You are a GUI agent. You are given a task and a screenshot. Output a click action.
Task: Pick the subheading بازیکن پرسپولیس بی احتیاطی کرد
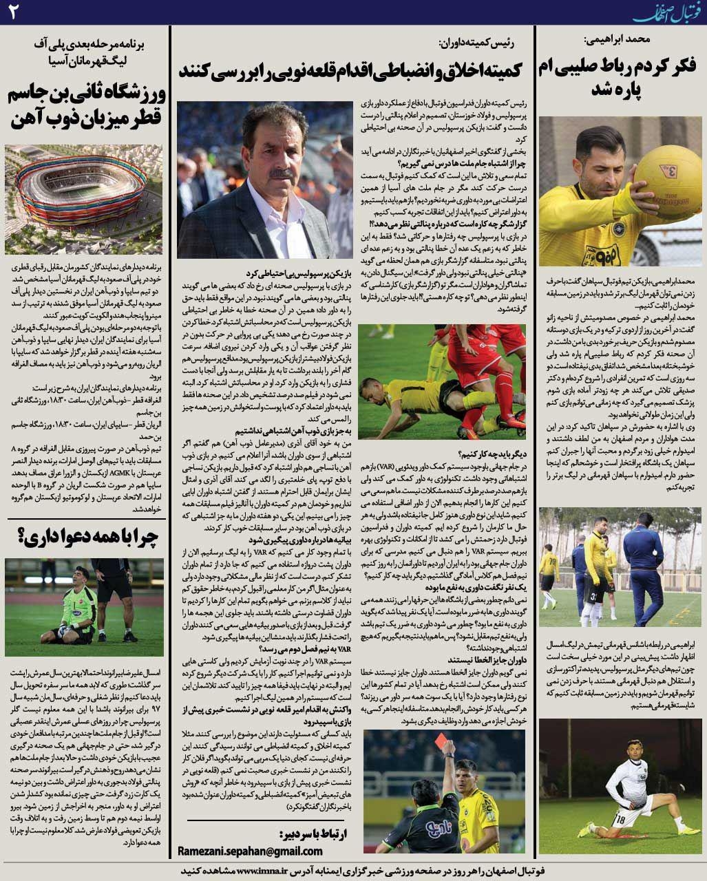[x=304, y=272]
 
